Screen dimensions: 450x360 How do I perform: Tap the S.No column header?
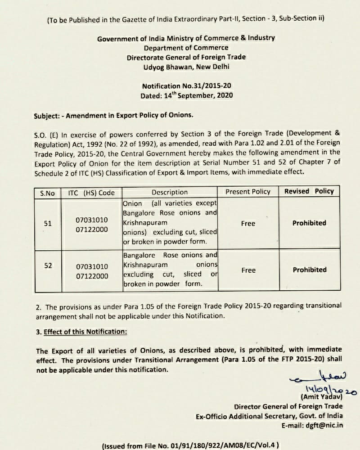[x=47, y=193]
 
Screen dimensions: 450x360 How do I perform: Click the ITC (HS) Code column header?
[x=91, y=193]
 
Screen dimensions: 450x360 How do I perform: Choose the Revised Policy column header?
[x=309, y=191]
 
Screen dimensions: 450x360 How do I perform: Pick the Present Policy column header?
[x=248, y=192]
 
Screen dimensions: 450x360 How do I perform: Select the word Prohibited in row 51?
[x=309, y=223]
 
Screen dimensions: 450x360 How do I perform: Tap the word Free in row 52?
[x=248, y=270]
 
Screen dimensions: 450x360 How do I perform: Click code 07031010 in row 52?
[x=92, y=267]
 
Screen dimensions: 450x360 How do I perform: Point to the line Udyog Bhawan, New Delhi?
[x=186, y=67]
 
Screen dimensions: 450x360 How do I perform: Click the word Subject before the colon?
[x=47, y=115]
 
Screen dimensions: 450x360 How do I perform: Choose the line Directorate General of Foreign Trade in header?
[x=186, y=57]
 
